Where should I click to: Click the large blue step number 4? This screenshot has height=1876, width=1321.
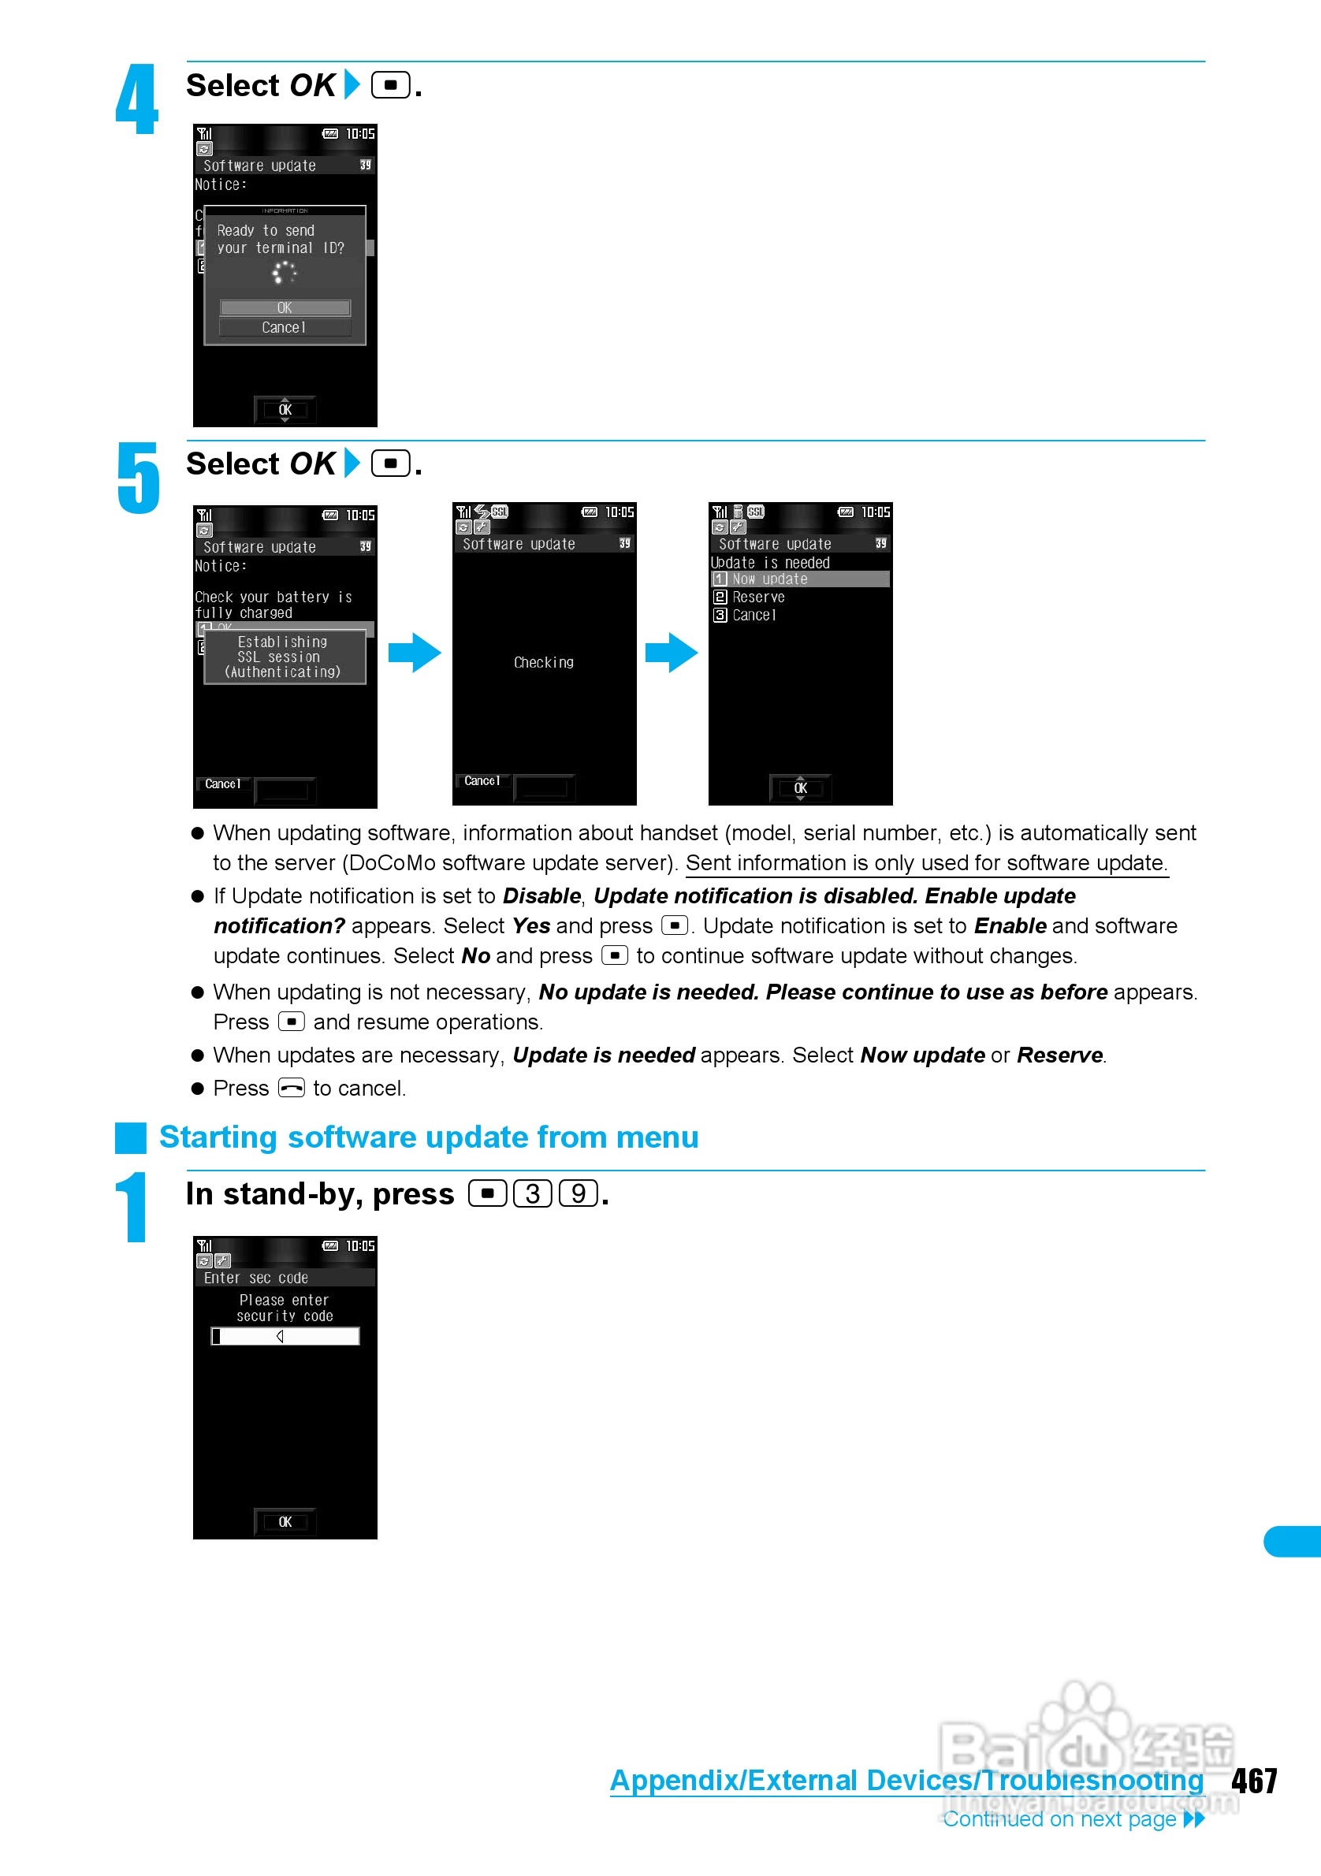coord(136,99)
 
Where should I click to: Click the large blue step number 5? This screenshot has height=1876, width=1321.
coord(138,478)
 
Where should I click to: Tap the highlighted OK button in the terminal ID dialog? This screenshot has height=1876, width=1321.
coord(285,308)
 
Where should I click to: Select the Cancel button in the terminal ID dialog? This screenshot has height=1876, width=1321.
coord(285,328)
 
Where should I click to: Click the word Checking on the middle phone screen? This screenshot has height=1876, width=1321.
coord(543,663)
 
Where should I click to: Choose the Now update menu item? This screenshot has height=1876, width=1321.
coord(799,579)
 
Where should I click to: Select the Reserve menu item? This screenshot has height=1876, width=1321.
coord(758,597)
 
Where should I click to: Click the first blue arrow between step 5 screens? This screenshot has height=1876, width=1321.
coord(414,653)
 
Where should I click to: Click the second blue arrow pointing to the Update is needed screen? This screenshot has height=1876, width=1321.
coord(671,653)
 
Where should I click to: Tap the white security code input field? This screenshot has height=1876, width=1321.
coord(285,1336)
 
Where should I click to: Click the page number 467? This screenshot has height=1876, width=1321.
coord(1254,1781)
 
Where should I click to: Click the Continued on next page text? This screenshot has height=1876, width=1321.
coord(1059,1818)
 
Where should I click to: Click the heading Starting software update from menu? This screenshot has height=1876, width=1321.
coord(428,1137)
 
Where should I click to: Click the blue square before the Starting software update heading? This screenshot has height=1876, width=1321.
coord(131,1137)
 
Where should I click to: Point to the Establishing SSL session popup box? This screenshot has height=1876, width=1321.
coord(285,657)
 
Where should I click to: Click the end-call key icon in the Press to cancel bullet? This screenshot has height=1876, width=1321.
coord(291,1089)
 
